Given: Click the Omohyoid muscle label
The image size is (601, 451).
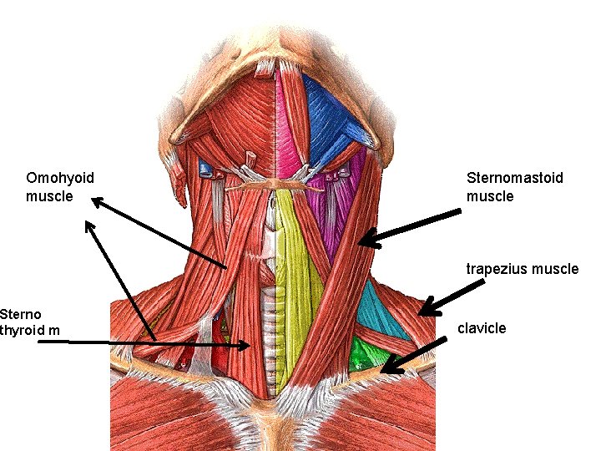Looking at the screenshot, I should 60,187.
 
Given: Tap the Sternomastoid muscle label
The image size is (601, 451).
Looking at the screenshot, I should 515,187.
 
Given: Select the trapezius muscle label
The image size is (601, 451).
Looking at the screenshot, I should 522,269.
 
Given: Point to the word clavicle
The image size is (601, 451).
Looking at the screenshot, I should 482,328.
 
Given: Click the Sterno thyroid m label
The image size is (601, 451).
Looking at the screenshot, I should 30,323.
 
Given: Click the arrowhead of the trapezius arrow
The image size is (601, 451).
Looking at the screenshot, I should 425,312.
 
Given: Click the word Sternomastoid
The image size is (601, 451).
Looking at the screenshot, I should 515,178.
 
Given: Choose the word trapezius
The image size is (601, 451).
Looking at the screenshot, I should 494,269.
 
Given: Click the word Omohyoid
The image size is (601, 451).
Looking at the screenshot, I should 60,178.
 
